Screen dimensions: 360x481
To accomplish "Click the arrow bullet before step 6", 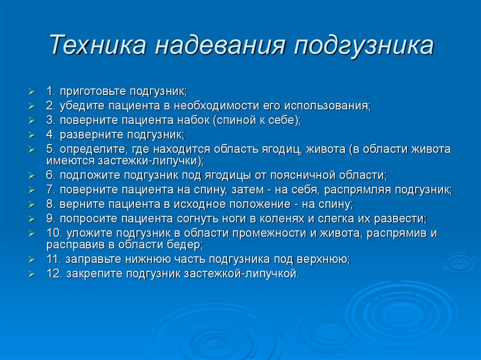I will (31, 176).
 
